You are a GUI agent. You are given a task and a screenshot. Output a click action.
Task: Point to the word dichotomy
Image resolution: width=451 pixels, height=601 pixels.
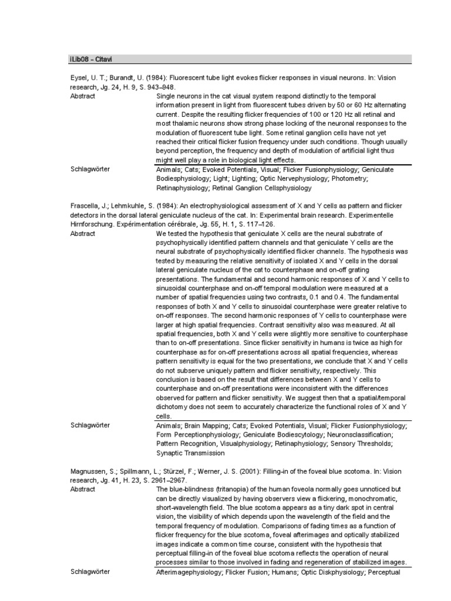click(174, 407)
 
